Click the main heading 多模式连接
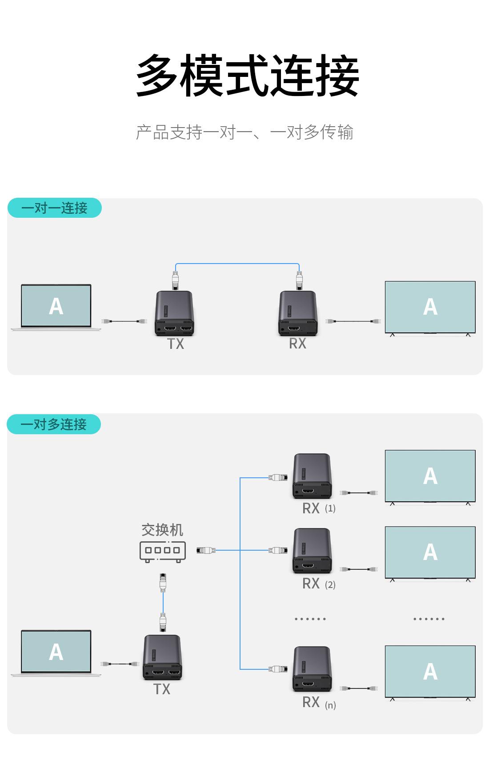pos(247,76)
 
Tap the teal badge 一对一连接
pos(54,208)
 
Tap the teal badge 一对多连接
pos(54,424)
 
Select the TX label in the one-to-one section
pos(176,344)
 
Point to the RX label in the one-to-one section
pos(297,344)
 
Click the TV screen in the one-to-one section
pos(430,307)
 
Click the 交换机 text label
pos(162,530)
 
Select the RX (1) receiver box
pos(312,476)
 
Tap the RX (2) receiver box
pos(312,551)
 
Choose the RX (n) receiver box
pos(312,669)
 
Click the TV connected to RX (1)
pos(430,476)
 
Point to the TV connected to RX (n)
pos(430,672)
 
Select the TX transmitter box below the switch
pos(162,657)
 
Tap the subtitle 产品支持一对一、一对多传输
pos(244,132)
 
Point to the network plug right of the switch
pos(205,550)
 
